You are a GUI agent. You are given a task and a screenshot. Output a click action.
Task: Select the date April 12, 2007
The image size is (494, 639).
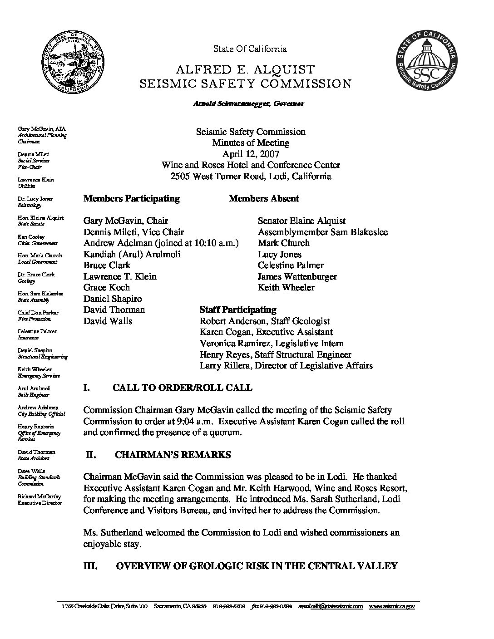point(251,154)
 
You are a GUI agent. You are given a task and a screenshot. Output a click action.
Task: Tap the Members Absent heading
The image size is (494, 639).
point(264,198)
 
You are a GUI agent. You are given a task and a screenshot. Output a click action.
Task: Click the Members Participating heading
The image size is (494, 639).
point(132,198)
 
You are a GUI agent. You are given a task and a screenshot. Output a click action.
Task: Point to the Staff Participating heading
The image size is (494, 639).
point(238,310)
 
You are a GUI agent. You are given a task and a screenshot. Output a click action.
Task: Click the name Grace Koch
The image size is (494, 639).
point(107,288)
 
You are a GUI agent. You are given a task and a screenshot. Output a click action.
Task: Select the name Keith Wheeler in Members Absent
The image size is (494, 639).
point(286,288)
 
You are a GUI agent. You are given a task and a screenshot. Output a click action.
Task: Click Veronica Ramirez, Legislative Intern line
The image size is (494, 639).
point(272,344)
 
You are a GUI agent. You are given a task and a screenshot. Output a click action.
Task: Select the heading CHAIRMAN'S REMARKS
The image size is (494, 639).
point(173,455)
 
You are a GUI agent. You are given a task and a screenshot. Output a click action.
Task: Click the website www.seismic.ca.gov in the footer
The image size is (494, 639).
point(392,606)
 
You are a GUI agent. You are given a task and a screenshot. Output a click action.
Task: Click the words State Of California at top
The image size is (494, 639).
point(250,49)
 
